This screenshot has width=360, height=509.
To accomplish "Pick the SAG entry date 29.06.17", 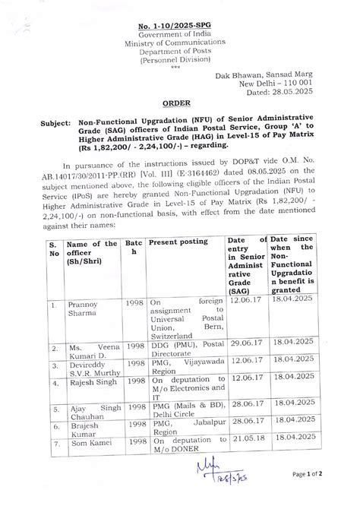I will point(245,343).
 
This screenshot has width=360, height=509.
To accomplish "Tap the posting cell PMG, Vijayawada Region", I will point(186,364).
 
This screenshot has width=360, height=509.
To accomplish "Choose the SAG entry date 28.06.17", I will point(245,431).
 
